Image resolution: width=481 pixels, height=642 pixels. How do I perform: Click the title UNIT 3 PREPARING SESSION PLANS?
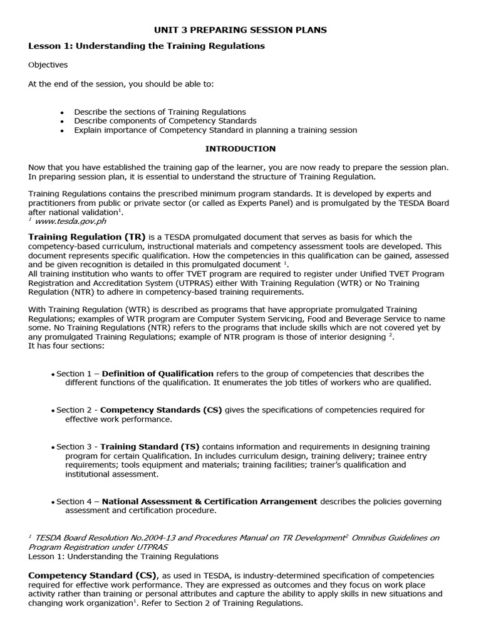(x=240, y=29)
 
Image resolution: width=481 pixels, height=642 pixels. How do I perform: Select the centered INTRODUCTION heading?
(x=240, y=149)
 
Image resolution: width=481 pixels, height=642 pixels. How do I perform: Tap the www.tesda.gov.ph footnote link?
(x=70, y=221)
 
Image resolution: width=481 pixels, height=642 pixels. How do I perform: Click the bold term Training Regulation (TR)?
(x=87, y=237)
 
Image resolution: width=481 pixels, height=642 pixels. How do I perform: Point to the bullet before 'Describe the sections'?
(x=62, y=112)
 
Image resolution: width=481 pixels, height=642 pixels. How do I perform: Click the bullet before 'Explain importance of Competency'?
(x=62, y=131)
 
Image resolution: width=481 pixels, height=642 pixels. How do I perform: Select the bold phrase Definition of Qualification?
(x=157, y=374)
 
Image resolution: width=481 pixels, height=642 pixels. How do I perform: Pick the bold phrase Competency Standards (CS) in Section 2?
(x=161, y=410)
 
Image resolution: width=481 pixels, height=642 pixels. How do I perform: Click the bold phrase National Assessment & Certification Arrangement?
(x=209, y=502)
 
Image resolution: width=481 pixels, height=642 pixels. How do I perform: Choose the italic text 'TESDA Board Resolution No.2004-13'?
(x=111, y=538)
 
